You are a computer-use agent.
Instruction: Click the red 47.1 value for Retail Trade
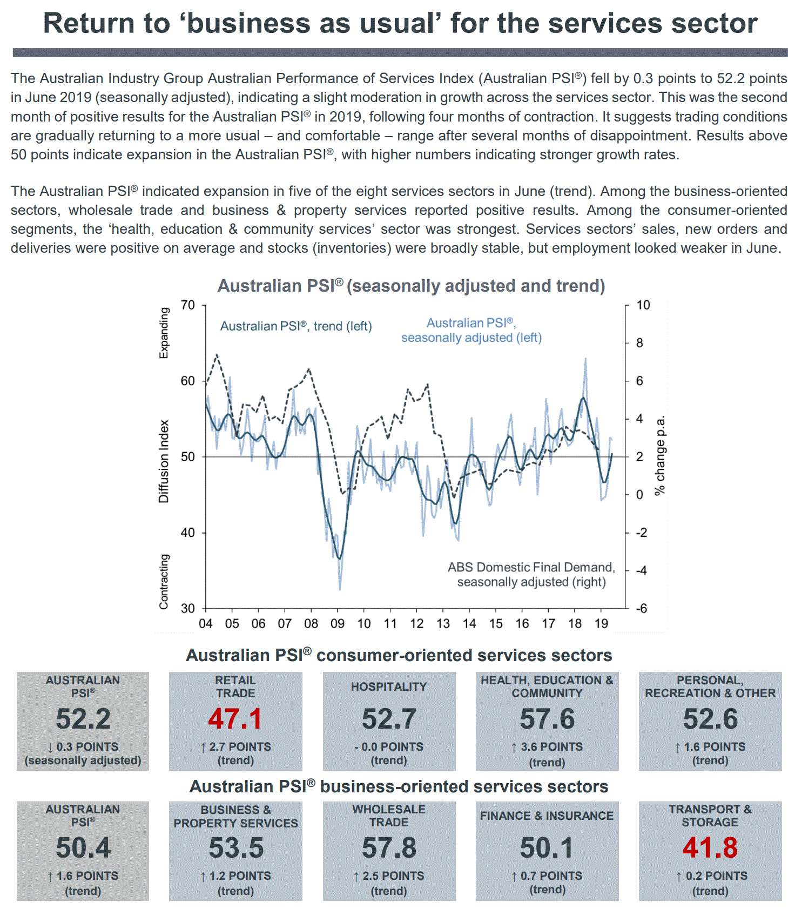click(235, 719)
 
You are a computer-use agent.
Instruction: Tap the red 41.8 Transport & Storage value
click(710, 847)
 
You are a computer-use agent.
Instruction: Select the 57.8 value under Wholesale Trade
click(389, 847)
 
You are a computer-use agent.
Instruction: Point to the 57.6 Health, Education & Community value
click(547, 719)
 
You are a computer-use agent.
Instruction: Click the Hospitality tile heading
click(389, 686)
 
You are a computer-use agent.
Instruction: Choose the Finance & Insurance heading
click(547, 816)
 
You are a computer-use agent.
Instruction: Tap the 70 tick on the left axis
click(188, 305)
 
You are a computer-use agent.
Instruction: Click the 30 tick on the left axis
click(188, 609)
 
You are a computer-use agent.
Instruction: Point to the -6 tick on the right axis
click(641, 609)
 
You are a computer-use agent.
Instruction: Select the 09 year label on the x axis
click(338, 624)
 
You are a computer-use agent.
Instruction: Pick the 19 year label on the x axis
click(601, 624)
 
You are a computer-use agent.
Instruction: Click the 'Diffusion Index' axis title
click(164, 461)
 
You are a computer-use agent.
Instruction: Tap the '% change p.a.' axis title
click(660, 455)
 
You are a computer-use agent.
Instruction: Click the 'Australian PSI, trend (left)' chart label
click(296, 326)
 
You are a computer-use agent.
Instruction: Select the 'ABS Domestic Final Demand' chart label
click(531, 568)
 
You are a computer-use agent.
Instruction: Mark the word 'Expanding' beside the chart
click(164, 333)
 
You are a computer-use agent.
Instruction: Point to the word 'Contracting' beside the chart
click(164, 582)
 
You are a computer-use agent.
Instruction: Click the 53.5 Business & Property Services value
click(236, 847)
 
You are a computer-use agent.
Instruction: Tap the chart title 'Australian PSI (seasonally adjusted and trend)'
click(411, 286)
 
